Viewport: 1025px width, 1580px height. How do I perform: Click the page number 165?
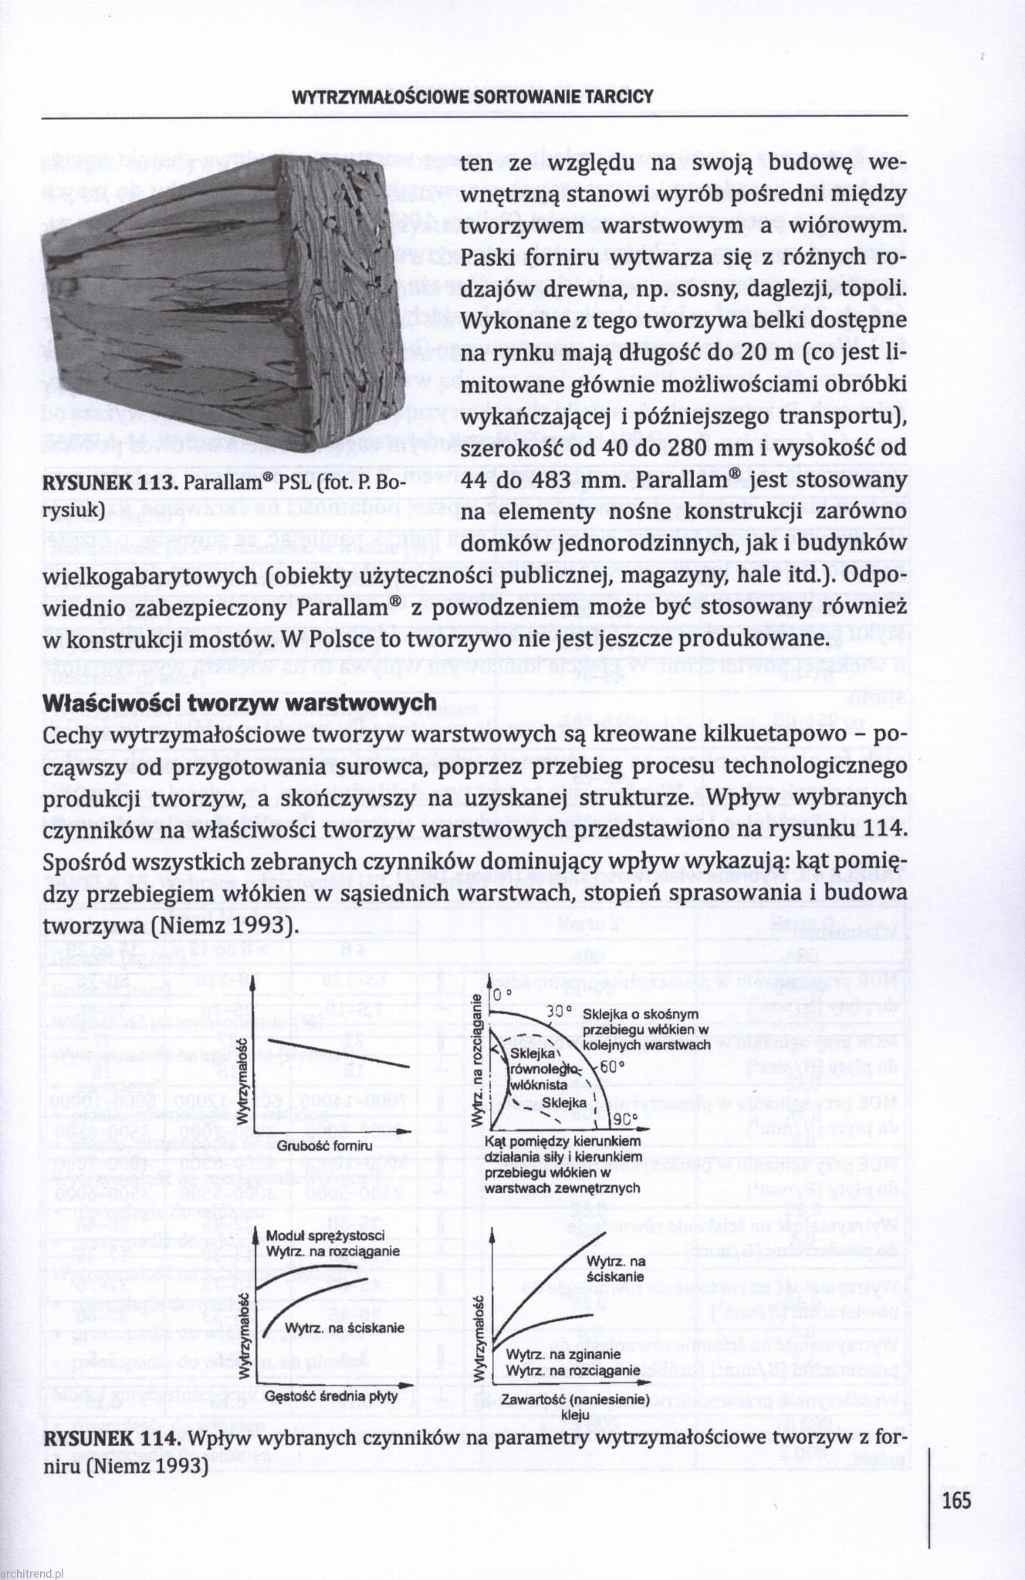pos(956,1500)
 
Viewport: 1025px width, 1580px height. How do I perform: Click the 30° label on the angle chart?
pos(556,1011)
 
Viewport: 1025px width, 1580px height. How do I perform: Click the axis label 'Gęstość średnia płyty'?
pos(331,1396)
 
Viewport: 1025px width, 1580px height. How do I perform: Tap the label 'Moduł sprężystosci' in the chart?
pos(325,1236)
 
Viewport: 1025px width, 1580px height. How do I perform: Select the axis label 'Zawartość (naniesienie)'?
pos(570,1399)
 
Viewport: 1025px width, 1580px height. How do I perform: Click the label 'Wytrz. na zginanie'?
pos(563,1354)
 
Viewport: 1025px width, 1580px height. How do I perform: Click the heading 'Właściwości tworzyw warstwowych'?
pos(240,703)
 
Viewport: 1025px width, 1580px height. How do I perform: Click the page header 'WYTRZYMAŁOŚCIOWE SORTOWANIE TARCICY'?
pos(472,97)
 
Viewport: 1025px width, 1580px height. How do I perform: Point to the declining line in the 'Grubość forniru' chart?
pos(332,1054)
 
